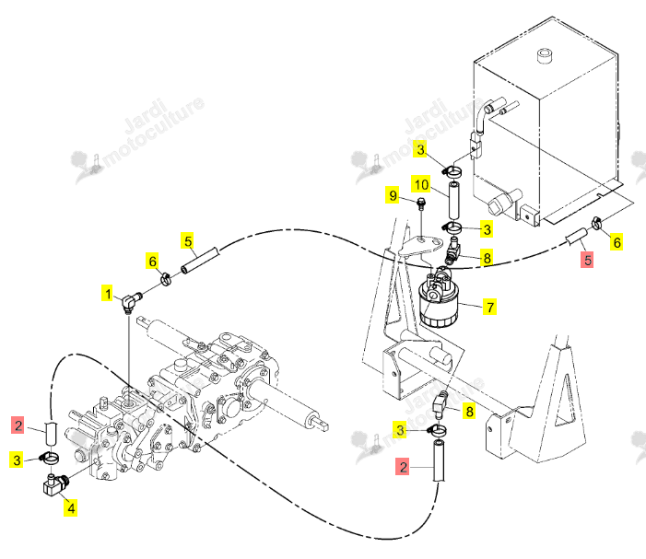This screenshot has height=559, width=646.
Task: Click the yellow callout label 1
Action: [x=108, y=294]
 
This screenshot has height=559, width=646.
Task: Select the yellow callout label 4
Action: [x=71, y=508]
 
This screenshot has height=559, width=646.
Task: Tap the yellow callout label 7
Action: [x=489, y=307]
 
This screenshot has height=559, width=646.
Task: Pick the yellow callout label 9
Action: [x=393, y=195]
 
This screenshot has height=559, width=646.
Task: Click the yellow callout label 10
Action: [x=421, y=184]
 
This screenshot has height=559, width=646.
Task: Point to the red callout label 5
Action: [x=587, y=260]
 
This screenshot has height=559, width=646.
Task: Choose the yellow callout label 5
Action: [x=188, y=240]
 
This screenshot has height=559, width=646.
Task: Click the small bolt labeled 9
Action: [x=420, y=204]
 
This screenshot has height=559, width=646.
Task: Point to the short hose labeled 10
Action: [x=454, y=202]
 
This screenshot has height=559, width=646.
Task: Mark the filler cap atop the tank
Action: [x=545, y=56]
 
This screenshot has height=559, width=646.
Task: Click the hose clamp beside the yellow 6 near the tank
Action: [x=596, y=222]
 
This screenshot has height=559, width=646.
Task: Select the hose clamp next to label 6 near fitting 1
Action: [x=166, y=280]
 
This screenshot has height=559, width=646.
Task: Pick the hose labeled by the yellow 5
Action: [x=199, y=260]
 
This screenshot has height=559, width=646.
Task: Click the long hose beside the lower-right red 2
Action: [x=439, y=460]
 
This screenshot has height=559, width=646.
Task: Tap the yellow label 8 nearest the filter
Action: [x=487, y=258]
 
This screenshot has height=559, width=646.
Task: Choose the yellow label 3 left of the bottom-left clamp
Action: [x=17, y=460]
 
